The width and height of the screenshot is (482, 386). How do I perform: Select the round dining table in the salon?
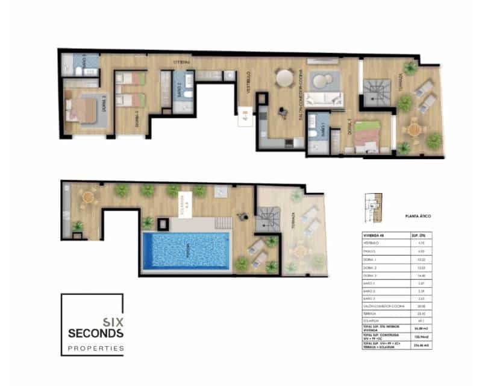[x=283, y=77]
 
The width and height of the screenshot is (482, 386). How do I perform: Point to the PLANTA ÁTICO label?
[x=418, y=215]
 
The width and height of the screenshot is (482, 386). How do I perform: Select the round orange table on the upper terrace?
[x=413, y=128]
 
